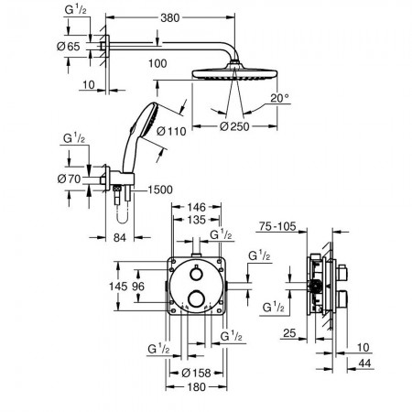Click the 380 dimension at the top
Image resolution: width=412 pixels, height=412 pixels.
[x=170, y=17]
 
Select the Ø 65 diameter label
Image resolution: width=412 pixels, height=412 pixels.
[x=69, y=47]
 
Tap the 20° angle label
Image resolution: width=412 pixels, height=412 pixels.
[x=279, y=98]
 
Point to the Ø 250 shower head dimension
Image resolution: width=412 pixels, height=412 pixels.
[x=234, y=126]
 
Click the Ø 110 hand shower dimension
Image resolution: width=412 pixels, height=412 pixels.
[x=171, y=131]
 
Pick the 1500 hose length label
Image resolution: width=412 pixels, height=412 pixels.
[x=160, y=190]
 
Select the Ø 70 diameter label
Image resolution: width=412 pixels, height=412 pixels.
[x=69, y=179]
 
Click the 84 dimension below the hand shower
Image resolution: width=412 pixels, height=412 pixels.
[x=120, y=237]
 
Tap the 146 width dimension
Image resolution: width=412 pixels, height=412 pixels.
[x=196, y=208]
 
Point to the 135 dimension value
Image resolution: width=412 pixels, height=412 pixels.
[x=196, y=220]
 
